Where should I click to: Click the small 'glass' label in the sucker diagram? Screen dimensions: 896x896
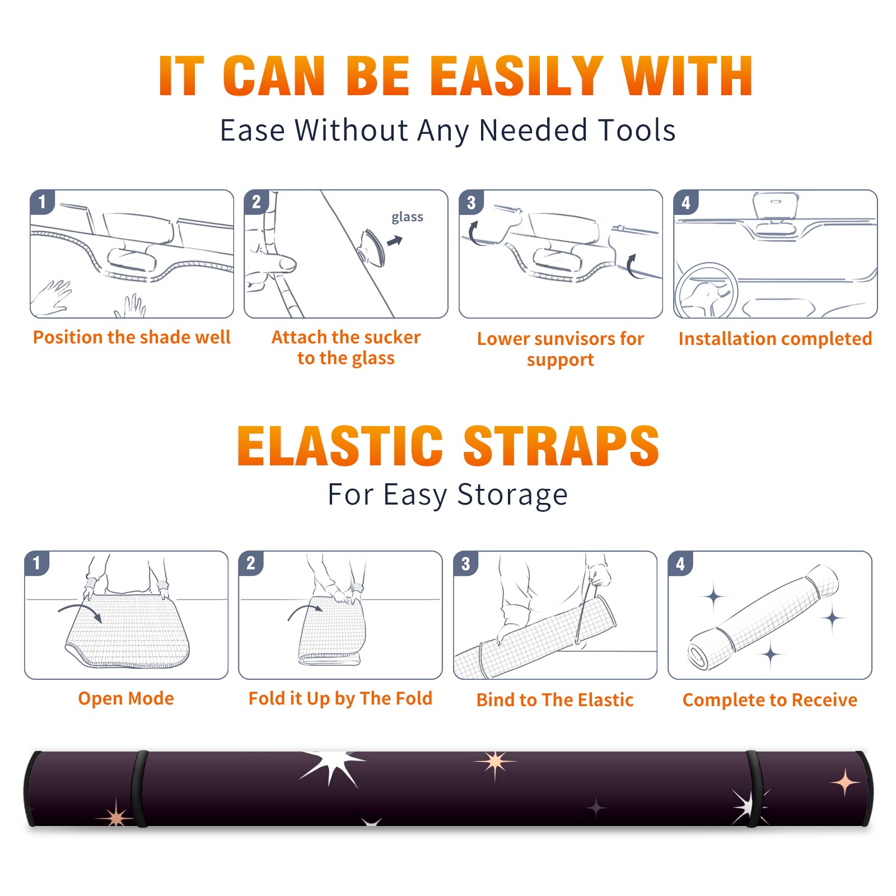(x=407, y=217)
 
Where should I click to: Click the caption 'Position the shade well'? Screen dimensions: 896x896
(x=132, y=337)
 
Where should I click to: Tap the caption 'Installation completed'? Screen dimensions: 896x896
(x=775, y=339)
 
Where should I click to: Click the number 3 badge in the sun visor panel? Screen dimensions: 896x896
(x=471, y=203)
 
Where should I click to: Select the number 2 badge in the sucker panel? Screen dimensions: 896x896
(x=256, y=202)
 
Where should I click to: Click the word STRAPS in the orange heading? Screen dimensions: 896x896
(x=561, y=446)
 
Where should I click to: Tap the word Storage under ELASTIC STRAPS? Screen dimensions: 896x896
(x=512, y=495)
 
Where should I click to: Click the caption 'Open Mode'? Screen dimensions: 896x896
(x=126, y=698)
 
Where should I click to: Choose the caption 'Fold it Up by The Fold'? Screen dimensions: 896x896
(x=340, y=698)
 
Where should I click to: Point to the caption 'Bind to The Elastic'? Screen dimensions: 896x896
(x=555, y=700)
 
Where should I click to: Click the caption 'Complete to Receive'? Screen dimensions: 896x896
(x=770, y=700)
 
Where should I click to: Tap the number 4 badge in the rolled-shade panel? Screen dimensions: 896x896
(x=680, y=563)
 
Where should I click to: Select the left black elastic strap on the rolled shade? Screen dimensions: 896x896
(x=139, y=789)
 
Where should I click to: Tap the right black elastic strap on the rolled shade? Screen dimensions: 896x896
(x=754, y=789)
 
